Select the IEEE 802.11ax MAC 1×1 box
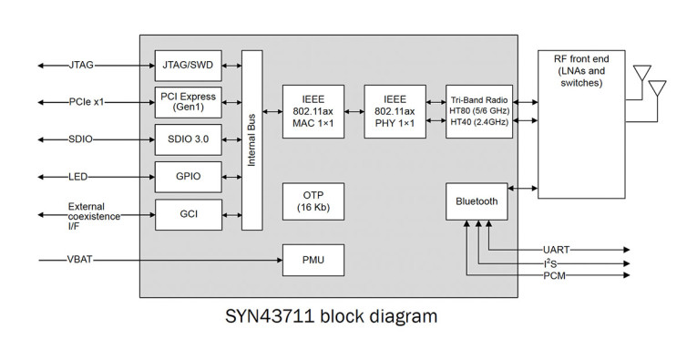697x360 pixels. point(313,111)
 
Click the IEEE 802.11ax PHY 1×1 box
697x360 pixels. point(395,111)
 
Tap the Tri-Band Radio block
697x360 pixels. point(478,111)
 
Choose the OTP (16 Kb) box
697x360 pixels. point(313,201)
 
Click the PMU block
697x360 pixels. point(313,261)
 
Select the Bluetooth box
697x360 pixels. point(477,201)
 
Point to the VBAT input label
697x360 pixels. point(80,261)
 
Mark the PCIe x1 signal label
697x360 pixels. point(87,102)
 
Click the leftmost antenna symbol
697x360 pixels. point(641,73)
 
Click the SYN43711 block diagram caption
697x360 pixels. point(330,317)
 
